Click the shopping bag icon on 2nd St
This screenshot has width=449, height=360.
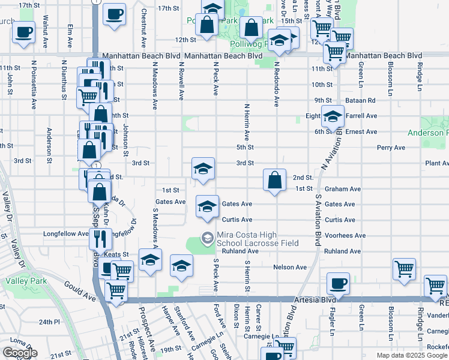pyautogui.click(x=274, y=179)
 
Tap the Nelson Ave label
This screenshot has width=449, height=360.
pyautogui.click(x=289, y=267)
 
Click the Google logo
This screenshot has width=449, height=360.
pyautogui.click(x=20, y=353)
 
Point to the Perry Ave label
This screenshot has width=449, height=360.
pyautogui.click(x=391, y=148)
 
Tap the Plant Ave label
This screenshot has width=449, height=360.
pyautogui.click(x=436, y=163)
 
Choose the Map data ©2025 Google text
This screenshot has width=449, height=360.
pyautogui.click(x=411, y=355)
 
